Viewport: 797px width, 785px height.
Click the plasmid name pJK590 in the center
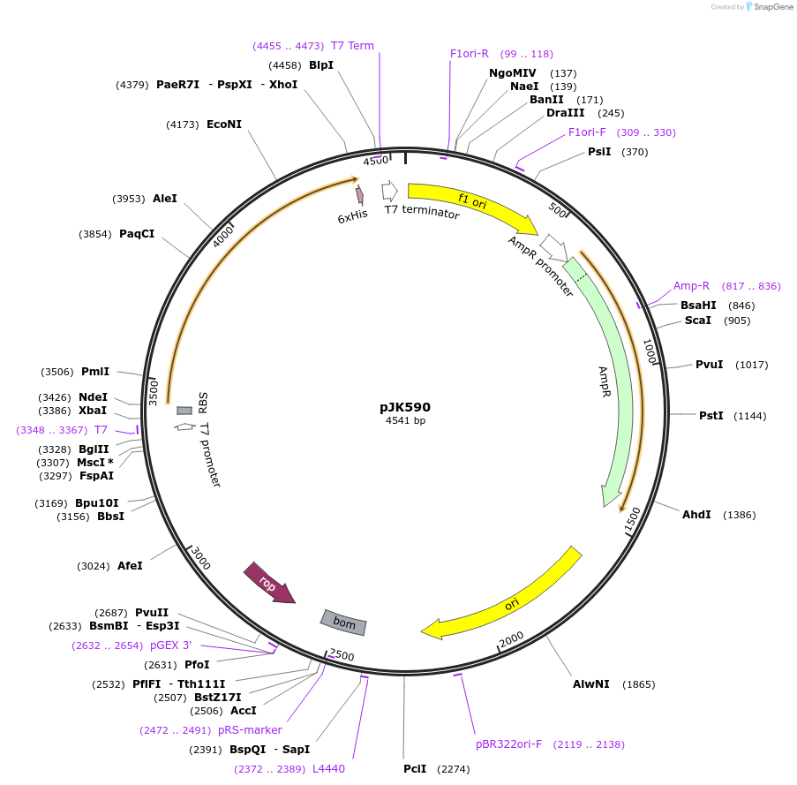[405, 407]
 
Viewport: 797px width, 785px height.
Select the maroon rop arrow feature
[268, 584]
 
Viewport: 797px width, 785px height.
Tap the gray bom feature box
[344, 623]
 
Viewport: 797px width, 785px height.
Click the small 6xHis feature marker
[360, 196]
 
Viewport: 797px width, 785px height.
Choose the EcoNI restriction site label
[223, 125]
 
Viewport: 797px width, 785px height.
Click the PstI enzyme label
[710, 416]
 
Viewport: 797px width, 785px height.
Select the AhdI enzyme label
[695, 515]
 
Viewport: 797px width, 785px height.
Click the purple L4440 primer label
[328, 769]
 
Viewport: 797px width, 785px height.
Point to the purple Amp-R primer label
[691, 286]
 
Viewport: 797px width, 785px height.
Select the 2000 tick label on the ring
[512, 639]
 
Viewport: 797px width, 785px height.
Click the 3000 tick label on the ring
[201, 559]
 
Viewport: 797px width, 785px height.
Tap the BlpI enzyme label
[320, 65]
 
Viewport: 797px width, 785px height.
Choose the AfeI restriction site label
[130, 566]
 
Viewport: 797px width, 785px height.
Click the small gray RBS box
[184, 411]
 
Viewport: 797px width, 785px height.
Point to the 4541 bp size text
[405, 421]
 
